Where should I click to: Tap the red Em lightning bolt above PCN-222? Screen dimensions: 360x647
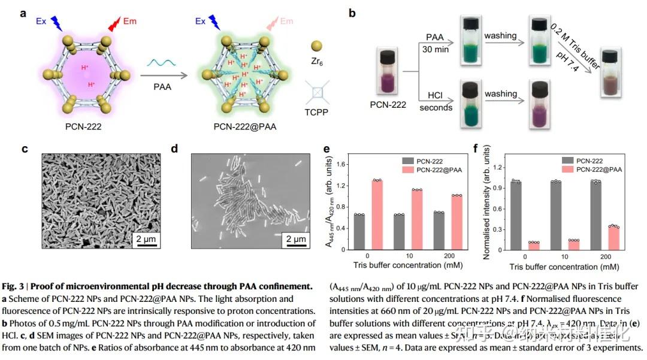coord(114,23)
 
